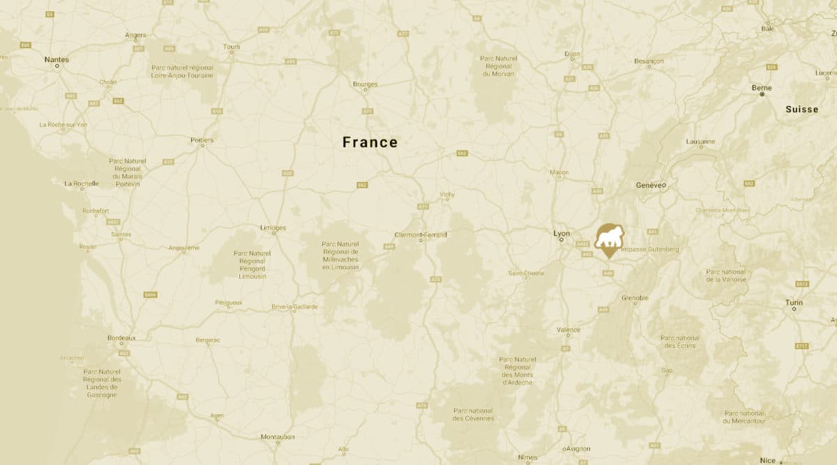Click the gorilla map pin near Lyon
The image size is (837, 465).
point(610,239)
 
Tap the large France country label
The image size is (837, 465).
point(370,143)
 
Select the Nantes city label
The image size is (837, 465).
point(56,60)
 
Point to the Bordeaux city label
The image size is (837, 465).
point(121,338)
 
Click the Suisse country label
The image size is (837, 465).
point(801,109)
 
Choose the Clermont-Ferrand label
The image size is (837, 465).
point(421,235)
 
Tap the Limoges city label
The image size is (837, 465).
point(273,227)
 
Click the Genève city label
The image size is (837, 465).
point(651,185)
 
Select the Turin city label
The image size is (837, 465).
point(794,303)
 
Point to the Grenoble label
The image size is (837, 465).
point(635,298)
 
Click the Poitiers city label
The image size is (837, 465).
point(202,140)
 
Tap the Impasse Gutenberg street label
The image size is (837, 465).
point(649,249)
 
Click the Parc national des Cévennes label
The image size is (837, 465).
point(473,414)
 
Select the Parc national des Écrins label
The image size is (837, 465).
point(680,342)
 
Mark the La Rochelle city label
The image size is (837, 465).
point(82,184)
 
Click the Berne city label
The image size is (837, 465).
point(762,88)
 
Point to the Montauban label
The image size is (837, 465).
point(278,437)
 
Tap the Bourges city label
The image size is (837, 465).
point(365,84)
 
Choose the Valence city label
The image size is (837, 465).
point(568,330)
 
